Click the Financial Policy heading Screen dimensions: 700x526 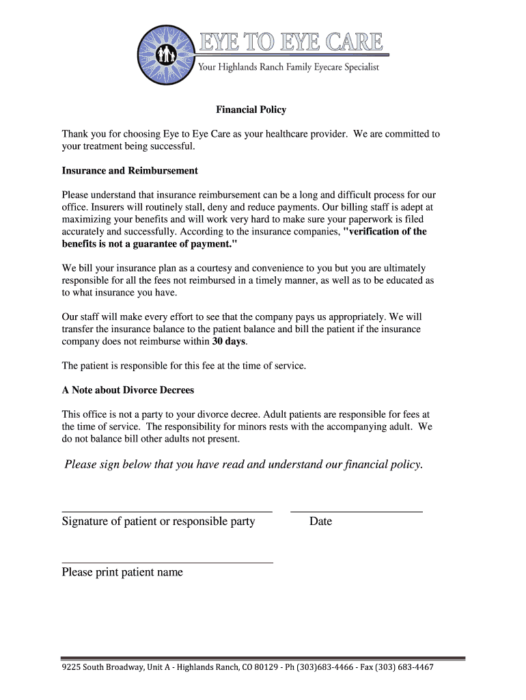coord(251,109)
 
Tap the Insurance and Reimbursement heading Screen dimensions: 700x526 coord(130,171)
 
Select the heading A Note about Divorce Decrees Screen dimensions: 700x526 coord(128,390)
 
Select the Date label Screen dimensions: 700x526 coord(320,522)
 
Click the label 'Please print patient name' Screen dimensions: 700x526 coord(122,572)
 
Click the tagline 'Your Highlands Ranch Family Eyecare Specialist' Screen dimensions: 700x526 coord(288,67)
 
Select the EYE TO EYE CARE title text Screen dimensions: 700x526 coord(290,42)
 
